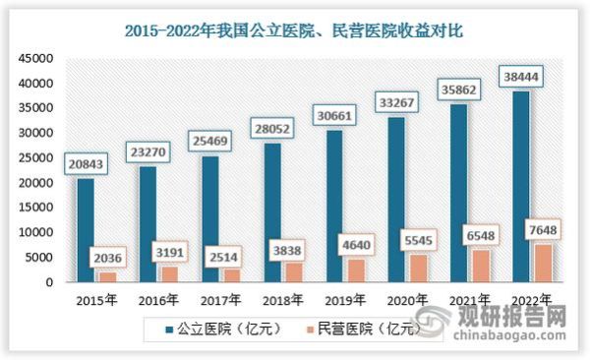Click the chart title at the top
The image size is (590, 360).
click(x=294, y=30)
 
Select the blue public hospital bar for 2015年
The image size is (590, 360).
click(x=87, y=230)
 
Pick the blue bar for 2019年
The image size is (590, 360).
click(x=334, y=206)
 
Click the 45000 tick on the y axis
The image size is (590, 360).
click(x=34, y=58)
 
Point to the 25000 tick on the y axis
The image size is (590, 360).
click(x=34, y=157)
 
